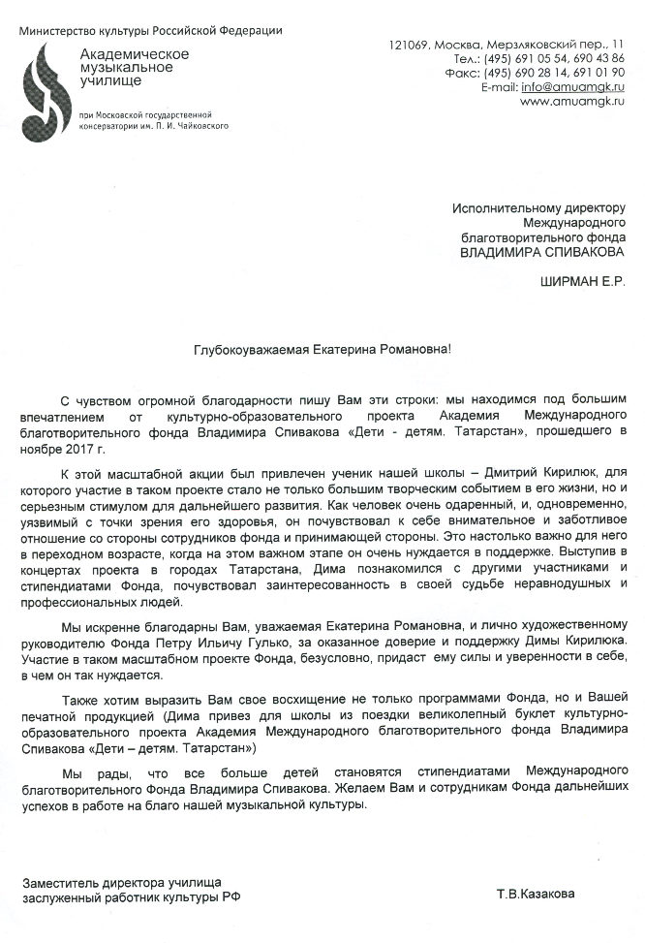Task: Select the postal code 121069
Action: [408, 45]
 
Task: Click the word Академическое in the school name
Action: [134, 54]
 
